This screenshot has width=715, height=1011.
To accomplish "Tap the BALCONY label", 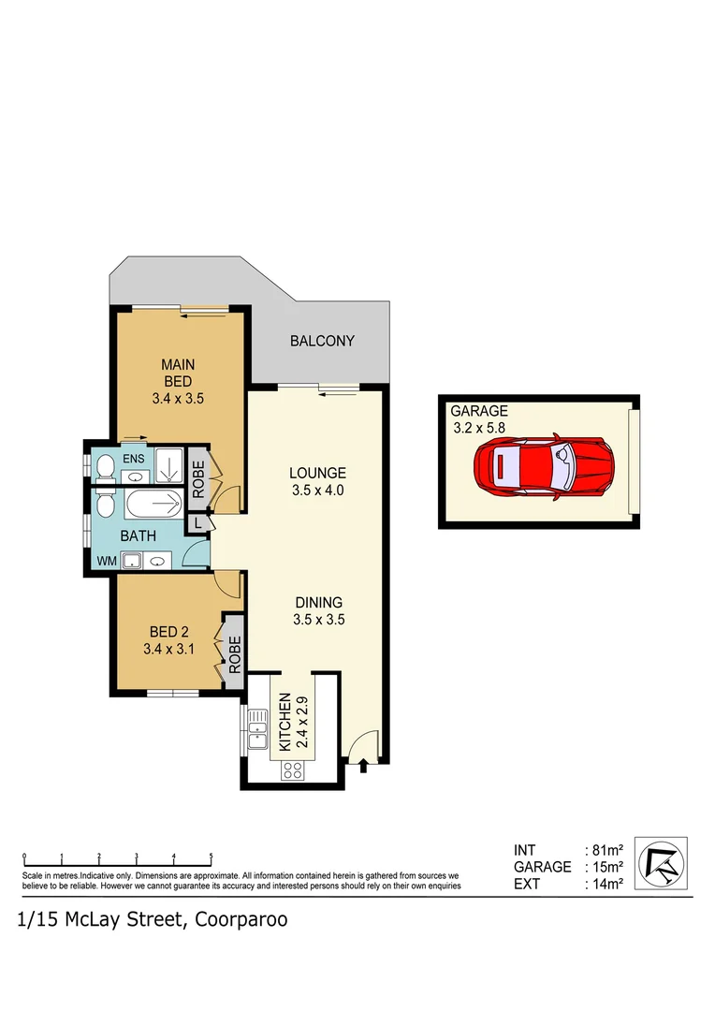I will (322, 341).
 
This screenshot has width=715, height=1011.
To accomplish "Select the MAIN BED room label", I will (178, 380).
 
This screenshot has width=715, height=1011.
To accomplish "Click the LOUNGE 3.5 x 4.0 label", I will (317, 481).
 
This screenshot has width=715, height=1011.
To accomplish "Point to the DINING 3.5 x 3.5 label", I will (317, 610).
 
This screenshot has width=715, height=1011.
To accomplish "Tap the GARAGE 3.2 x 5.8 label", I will (479, 418).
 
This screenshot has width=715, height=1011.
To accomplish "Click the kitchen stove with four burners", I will (291, 770).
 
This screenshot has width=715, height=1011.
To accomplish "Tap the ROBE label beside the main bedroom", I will (198, 480).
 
